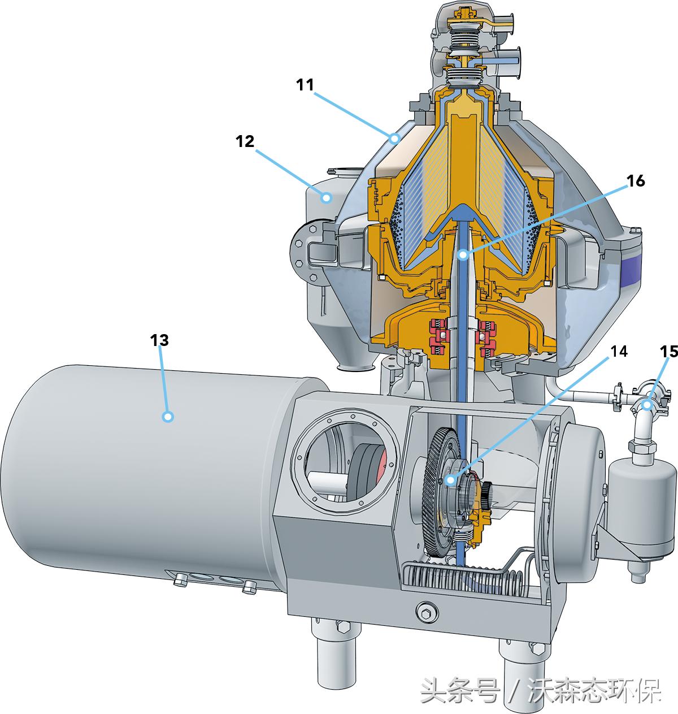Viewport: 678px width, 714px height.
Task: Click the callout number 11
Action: click(305, 85)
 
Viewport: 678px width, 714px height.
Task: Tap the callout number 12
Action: click(245, 141)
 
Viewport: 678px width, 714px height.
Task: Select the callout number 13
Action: click(159, 340)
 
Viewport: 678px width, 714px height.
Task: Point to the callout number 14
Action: click(619, 351)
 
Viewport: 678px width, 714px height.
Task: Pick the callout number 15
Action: click(669, 352)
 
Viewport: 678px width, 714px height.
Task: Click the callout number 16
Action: click(636, 181)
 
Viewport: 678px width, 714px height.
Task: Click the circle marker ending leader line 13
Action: click(168, 417)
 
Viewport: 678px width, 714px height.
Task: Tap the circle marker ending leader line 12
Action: click(327, 198)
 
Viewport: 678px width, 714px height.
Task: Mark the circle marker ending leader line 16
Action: click(463, 255)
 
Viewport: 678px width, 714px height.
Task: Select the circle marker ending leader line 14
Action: click(450, 480)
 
